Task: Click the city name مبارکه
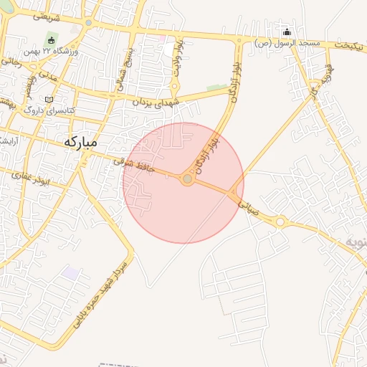tap(80, 141)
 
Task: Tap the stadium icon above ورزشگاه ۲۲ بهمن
tap(52, 39)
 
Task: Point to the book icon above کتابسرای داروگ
tap(49, 100)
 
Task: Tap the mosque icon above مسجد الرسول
tap(287, 32)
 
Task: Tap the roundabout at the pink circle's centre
tap(187, 178)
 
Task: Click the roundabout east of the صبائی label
tap(280, 221)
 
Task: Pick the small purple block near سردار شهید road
tap(70, 273)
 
